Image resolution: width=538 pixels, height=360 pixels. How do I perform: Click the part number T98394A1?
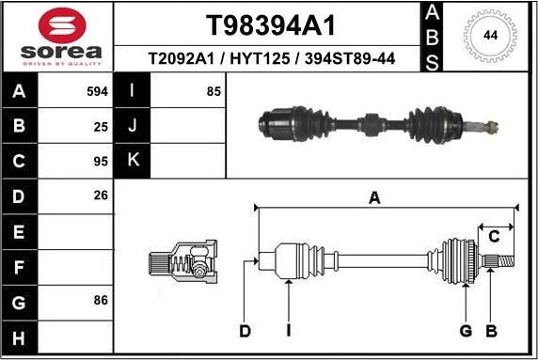click(x=271, y=24)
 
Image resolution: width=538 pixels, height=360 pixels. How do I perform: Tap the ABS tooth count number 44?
click(x=490, y=35)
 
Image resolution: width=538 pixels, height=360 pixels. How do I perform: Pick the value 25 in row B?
click(x=102, y=126)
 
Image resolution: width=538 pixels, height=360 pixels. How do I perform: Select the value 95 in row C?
click(x=102, y=161)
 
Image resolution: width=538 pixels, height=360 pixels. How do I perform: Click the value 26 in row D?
click(x=102, y=196)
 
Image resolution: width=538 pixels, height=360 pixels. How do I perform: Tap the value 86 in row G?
click(x=102, y=301)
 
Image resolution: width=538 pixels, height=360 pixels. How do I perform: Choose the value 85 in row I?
click(x=214, y=91)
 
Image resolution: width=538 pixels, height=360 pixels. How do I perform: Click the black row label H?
click(x=21, y=336)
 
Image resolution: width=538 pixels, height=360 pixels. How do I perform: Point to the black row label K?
click(x=132, y=161)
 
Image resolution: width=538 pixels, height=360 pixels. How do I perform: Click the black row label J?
click(x=132, y=126)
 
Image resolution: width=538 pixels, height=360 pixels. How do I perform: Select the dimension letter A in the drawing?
click(x=374, y=197)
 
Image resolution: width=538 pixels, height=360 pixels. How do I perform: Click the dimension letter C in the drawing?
click(x=493, y=236)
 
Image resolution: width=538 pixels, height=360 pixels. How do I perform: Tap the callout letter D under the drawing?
click(x=245, y=330)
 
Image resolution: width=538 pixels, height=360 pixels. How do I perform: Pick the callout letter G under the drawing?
click(x=465, y=330)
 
